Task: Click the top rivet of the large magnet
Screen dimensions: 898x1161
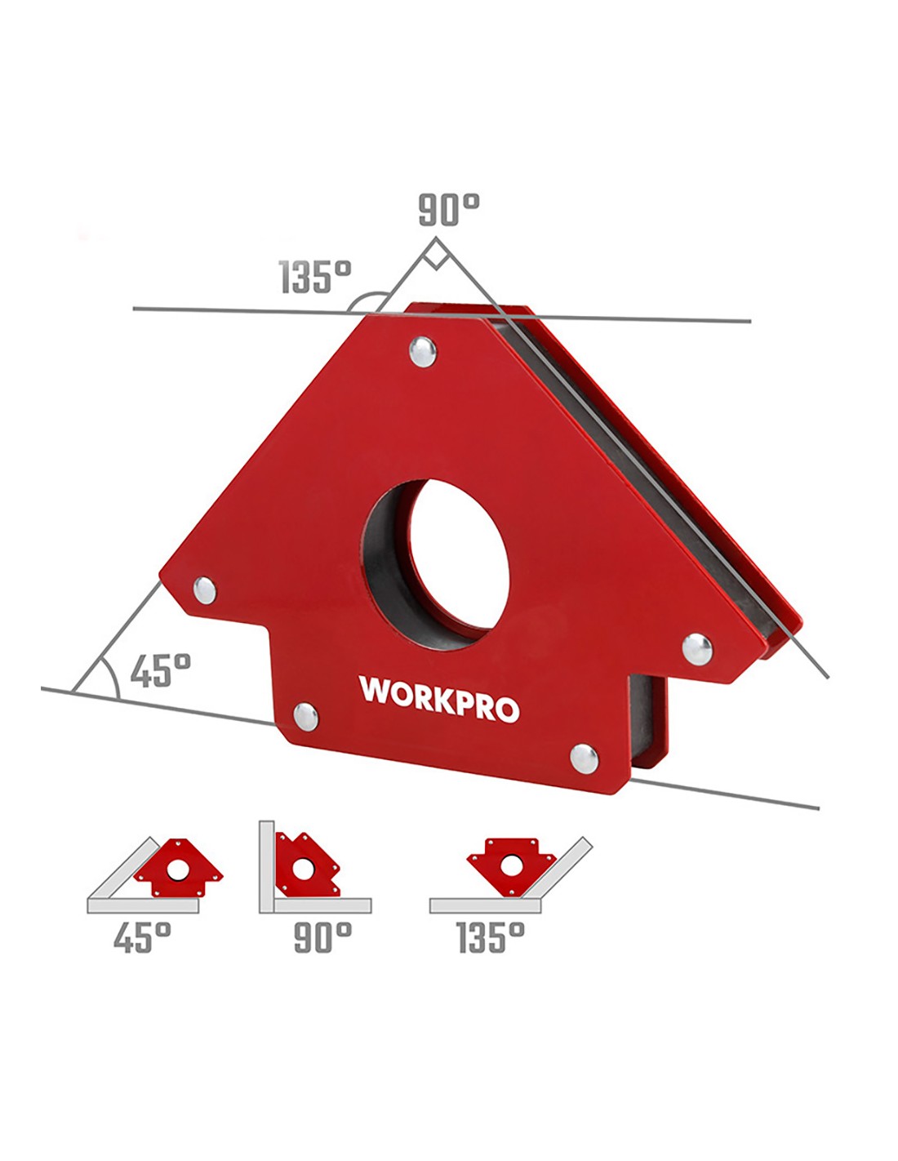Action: pos(423,352)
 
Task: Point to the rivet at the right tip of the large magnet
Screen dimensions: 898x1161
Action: pos(698,649)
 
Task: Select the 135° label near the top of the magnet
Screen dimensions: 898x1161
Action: pos(316,278)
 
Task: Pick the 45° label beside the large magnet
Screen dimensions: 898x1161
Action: pos(160,671)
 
